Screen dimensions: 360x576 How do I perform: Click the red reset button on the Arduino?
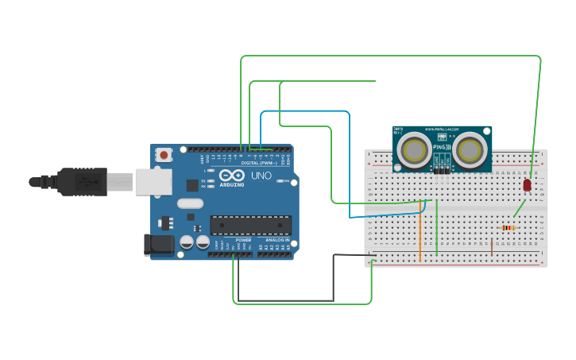click(164, 155)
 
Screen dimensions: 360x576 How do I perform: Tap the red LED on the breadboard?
click(527, 184)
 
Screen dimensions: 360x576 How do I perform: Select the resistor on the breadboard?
click(508, 228)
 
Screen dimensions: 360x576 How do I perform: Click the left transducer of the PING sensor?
click(414, 149)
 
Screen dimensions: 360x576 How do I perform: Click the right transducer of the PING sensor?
click(470, 149)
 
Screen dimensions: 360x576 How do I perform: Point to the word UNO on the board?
click(261, 176)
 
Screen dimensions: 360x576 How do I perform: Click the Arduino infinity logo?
click(233, 176)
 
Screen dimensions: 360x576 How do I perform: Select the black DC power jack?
click(158, 244)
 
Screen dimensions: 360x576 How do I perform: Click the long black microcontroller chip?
click(250, 225)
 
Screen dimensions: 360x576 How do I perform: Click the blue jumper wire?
click(350, 159)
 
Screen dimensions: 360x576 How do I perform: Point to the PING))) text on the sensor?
click(442, 148)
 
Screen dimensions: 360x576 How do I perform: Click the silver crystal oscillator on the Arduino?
click(191, 203)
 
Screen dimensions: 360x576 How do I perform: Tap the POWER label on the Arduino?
click(243, 239)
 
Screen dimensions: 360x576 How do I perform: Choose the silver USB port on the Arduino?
click(153, 182)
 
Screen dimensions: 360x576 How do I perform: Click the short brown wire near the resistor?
click(491, 246)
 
